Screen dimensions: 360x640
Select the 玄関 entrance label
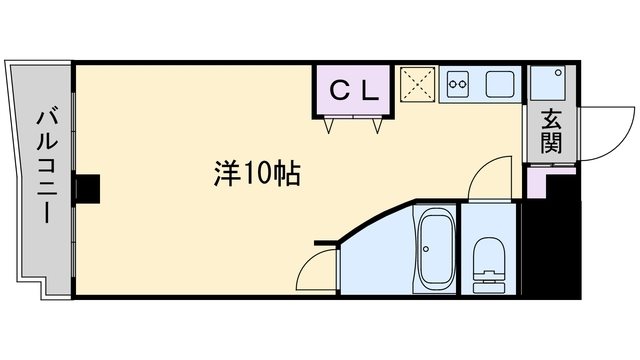(x=551, y=131)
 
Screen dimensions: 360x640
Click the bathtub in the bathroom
(x=434, y=250)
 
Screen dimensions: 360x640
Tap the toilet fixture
(x=490, y=264)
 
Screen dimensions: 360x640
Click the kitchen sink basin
(x=500, y=85)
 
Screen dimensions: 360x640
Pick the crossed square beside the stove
(x=416, y=84)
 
